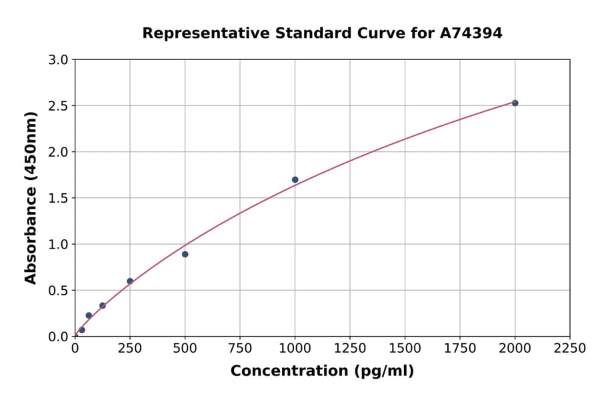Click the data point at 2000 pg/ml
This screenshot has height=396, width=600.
point(515,103)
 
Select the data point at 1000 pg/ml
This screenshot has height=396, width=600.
point(295,179)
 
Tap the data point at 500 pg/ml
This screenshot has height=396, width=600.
point(185,254)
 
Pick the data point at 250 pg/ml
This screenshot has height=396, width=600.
point(130,281)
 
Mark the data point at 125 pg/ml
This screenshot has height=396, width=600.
point(103,305)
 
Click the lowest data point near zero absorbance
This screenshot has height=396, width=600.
point(82,330)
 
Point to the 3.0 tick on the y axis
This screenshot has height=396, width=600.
point(59,60)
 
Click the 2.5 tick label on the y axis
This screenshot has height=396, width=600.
point(59,106)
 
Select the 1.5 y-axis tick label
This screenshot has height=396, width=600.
point(59,198)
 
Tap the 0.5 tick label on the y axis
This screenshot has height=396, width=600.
point(59,291)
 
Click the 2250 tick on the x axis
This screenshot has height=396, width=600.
point(569,349)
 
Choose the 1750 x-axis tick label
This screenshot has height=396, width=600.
point(459,349)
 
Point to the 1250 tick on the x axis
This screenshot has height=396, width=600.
point(350,349)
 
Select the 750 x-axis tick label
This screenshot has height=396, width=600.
point(240,349)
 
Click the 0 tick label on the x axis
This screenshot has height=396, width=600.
point(75,349)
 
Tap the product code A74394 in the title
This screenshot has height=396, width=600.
point(471,33)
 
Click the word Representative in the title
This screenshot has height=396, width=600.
point(197,33)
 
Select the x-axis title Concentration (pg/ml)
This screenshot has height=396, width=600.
point(322,371)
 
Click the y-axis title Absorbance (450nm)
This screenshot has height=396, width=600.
point(31,197)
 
